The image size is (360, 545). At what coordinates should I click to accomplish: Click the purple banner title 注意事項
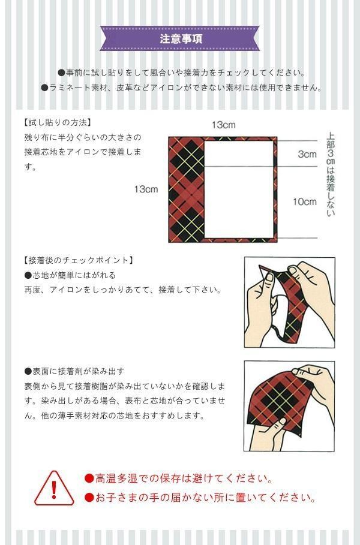(x=181, y=38)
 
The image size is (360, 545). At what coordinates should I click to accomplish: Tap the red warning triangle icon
(x=54, y=488)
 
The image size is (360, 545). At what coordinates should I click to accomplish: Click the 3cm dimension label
(x=307, y=154)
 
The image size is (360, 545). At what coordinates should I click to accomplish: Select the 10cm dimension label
(x=305, y=201)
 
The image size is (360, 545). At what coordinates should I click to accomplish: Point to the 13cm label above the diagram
(x=224, y=125)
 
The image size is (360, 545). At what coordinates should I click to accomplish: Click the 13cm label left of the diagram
(x=146, y=189)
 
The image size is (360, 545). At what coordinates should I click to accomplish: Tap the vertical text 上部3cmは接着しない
(x=331, y=174)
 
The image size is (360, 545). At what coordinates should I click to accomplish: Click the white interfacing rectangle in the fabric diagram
(x=239, y=189)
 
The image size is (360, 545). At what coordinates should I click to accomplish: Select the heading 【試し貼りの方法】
(x=58, y=122)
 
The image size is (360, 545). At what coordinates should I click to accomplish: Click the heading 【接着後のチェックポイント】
(x=79, y=260)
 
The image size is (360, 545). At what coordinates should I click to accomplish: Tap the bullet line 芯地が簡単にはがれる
(x=70, y=275)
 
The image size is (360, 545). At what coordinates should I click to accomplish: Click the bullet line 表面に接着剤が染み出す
(x=74, y=371)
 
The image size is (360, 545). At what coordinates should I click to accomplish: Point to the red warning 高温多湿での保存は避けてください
(x=178, y=478)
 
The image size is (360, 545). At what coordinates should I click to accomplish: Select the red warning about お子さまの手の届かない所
(x=200, y=498)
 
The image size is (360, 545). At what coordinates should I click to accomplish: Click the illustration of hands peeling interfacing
(x=289, y=302)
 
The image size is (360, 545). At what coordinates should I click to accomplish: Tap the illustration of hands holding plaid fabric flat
(x=289, y=406)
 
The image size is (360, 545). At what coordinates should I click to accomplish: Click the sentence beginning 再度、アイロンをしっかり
(x=123, y=290)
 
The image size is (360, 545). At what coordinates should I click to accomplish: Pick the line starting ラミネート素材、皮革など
(x=181, y=88)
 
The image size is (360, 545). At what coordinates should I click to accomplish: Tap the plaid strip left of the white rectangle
(x=186, y=189)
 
